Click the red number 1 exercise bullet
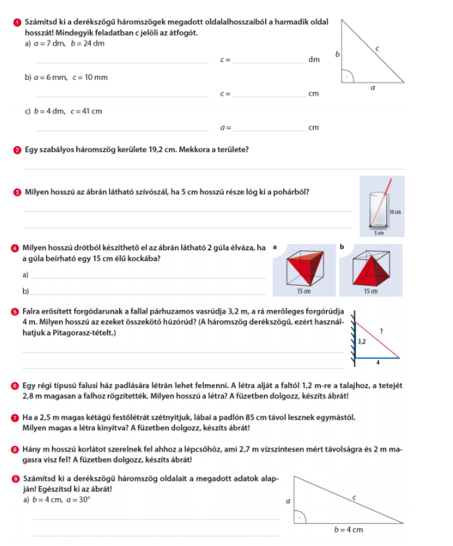pos(17,23)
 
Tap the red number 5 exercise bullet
pos(15,311)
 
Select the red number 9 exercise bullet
pos(15,479)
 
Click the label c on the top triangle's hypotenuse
pos(377,48)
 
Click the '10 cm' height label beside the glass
pos(395,212)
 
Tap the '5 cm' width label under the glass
pos(379,233)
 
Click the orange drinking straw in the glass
pos(382,202)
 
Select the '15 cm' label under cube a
pos(304,290)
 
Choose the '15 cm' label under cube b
pos(371,290)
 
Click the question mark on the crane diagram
pos(381,331)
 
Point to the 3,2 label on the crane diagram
pos(362,342)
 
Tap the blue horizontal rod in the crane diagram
pos(378,358)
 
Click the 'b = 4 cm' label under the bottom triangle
pos(349,530)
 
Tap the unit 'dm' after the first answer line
pos(314,60)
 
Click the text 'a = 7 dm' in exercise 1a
pos(50,44)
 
